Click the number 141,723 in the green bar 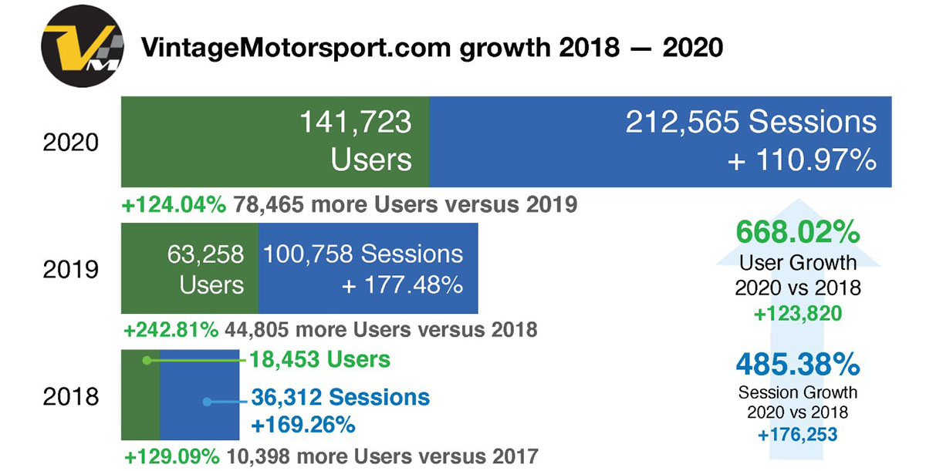(355, 123)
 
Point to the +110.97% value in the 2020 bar (802, 161)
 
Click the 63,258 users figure (204, 254)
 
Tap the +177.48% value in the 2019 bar (402, 284)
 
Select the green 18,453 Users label (319, 359)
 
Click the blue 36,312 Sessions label (340, 398)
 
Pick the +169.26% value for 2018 (302, 424)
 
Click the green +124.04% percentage (174, 205)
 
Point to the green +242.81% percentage (171, 330)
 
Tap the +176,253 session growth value (798, 435)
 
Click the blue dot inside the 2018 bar (207, 401)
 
